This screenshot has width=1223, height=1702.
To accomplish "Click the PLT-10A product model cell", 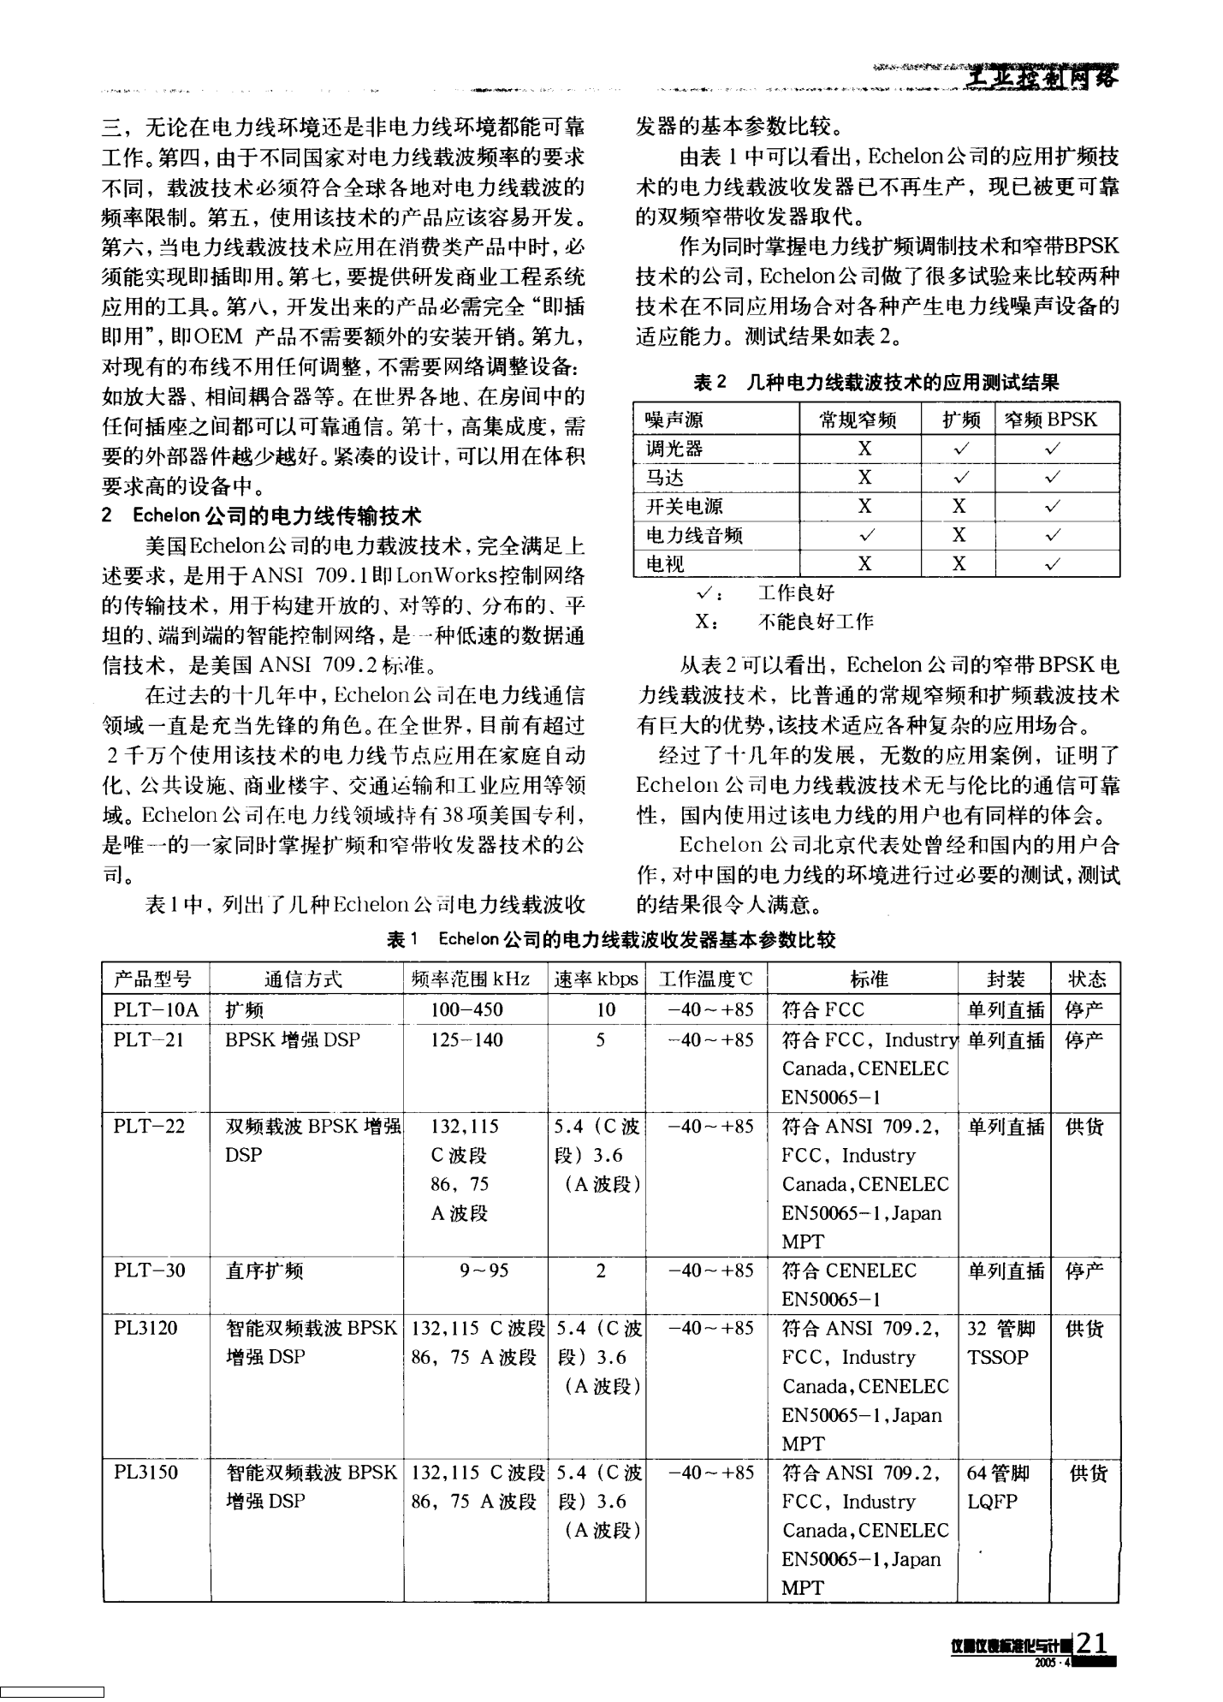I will [156, 1010].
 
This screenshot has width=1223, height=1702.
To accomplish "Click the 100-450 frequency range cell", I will [466, 1010].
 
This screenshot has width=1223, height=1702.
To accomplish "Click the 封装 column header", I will [1005, 979].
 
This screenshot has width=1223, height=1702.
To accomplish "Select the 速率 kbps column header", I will [597, 979].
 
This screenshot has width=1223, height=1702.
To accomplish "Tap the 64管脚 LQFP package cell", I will [998, 1487].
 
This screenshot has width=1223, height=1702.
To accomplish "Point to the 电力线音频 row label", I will [694, 536].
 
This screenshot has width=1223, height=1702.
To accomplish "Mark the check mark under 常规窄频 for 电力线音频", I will [865, 536].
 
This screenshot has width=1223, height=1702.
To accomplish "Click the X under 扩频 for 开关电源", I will [959, 507].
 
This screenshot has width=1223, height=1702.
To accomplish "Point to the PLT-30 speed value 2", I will [601, 1271].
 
